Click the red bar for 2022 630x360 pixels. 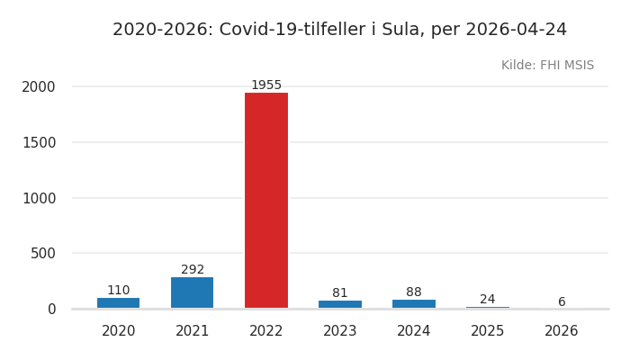point(266,200)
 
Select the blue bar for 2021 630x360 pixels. point(193,292)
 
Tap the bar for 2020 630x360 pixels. point(119,302)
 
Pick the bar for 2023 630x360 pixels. point(340,304)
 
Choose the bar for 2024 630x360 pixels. point(414,303)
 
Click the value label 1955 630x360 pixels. point(266,85)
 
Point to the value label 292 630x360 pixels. point(193,270)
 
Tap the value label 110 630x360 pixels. point(119,291)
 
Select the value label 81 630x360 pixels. point(340,293)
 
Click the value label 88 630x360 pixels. point(414,292)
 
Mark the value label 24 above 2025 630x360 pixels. point(488,300)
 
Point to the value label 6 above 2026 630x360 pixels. point(562,302)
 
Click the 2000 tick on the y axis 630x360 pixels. point(39,87)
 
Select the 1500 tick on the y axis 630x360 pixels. point(39,142)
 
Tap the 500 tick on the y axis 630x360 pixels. point(43,254)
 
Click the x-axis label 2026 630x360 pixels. point(562,331)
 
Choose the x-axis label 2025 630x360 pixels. point(488,331)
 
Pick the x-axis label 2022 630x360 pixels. point(266,331)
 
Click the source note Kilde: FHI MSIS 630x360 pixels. point(547,66)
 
